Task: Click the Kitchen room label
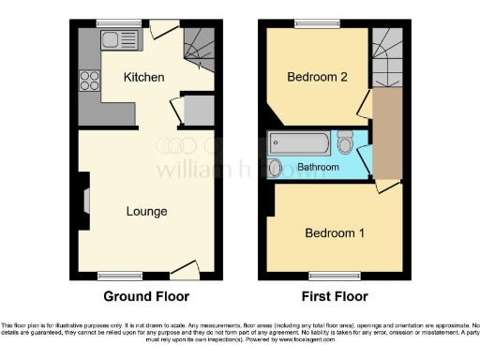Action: (x=144, y=77)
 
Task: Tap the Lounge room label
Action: (x=147, y=211)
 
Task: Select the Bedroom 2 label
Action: (x=318, y=77)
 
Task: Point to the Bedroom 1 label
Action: (x=335, y=232)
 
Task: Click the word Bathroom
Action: (x=318, y=168)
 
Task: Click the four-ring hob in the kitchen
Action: (x=91, y=81)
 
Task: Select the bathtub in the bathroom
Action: (x=299, y=143)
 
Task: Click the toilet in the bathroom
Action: (x=345, y=144)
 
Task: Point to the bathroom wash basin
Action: (x=275, y=168)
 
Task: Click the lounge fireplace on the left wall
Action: (x=85, y=202)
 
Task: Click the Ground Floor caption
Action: (x=146, y=297)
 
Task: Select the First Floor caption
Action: (x=334, y=297)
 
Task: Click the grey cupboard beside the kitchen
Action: (x=199, y=112)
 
